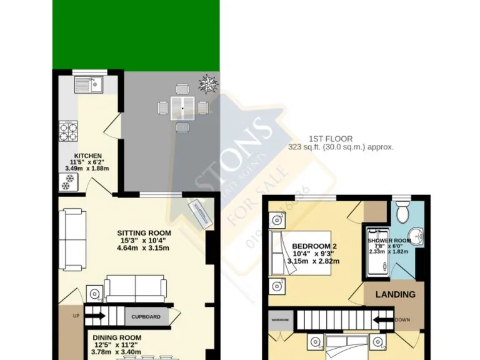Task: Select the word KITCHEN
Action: [88, 156]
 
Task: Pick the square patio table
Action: [182, 107]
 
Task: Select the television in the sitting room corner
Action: [201, 213]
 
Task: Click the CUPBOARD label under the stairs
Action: [146, 317]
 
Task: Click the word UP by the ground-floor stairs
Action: [76, 316]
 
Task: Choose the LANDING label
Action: [394, 294]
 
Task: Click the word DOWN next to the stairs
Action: [402, 321]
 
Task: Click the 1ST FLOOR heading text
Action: [331, 139]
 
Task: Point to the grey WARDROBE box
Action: [280, 321]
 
